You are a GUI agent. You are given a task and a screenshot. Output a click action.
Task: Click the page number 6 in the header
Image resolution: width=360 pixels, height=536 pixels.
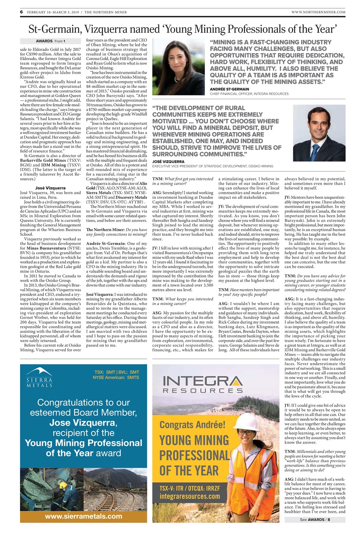tap(21, 12)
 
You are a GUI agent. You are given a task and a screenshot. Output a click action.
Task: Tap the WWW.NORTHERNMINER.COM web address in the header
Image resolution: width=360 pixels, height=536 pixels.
tap(318, 12)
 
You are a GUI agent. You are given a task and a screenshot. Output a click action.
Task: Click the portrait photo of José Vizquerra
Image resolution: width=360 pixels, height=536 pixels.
tap(319, 133)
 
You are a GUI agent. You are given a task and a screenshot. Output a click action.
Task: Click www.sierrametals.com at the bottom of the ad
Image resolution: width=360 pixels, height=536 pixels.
tap(83, 516)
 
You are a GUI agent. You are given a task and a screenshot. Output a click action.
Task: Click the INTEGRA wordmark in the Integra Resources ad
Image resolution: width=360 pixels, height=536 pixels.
tap(202, 381)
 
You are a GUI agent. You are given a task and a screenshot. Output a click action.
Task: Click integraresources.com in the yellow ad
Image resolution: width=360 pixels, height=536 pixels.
tap(190, 497)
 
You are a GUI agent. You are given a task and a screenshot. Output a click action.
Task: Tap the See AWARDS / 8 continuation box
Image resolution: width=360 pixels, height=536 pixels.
tap(315, 520)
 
